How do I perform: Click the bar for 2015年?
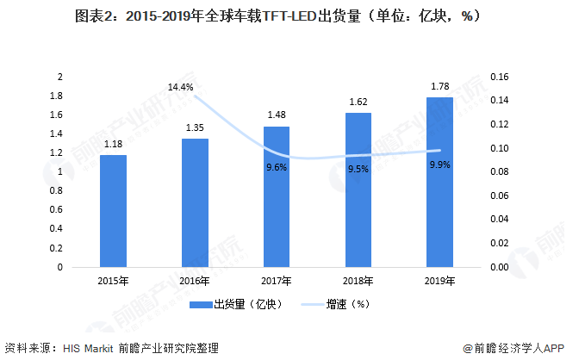[113, 211]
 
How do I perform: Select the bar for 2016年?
[195, 202]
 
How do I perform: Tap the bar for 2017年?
[277, 196]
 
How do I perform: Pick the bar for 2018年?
[358, 189]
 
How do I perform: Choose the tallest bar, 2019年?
[440, 182]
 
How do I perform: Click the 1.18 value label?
[113, 144]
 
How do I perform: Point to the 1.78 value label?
[440, 86]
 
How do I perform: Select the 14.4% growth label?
[180, 87]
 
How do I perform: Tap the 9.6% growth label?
[277, 167]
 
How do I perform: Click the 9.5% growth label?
[358, 169]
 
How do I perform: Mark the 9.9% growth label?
[440, 164]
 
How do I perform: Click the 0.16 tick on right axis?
[499, 77]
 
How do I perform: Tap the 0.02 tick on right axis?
[499, 244]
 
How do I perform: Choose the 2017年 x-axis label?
[277, 281]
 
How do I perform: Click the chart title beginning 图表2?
[293, 15]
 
